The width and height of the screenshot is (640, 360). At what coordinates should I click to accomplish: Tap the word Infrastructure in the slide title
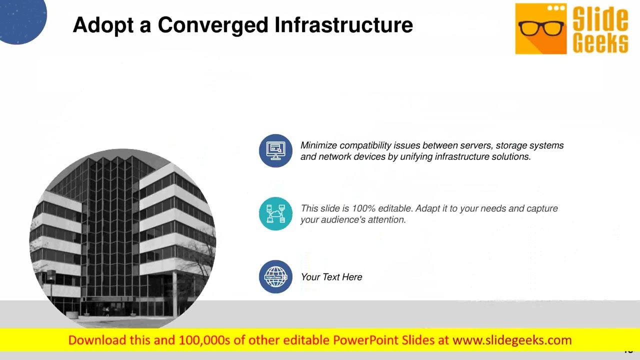[344, 25]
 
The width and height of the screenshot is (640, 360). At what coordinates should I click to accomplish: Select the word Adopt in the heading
[103, 25]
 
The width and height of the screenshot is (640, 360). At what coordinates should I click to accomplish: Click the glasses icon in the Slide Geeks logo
[540, 28]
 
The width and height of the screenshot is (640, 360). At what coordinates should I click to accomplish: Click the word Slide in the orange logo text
[600, 18]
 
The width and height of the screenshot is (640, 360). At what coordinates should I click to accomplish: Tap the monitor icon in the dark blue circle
[275, 150]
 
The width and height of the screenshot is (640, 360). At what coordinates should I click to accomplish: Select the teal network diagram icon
[275, 213]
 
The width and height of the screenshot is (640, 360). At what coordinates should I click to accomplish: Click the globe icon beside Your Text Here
[275, 276]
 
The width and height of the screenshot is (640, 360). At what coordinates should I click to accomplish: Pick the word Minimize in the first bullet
[318, 145]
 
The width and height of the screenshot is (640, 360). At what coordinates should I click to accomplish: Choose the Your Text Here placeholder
[331, 277]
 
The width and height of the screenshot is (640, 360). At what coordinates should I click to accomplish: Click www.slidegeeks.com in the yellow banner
[512, 340]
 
